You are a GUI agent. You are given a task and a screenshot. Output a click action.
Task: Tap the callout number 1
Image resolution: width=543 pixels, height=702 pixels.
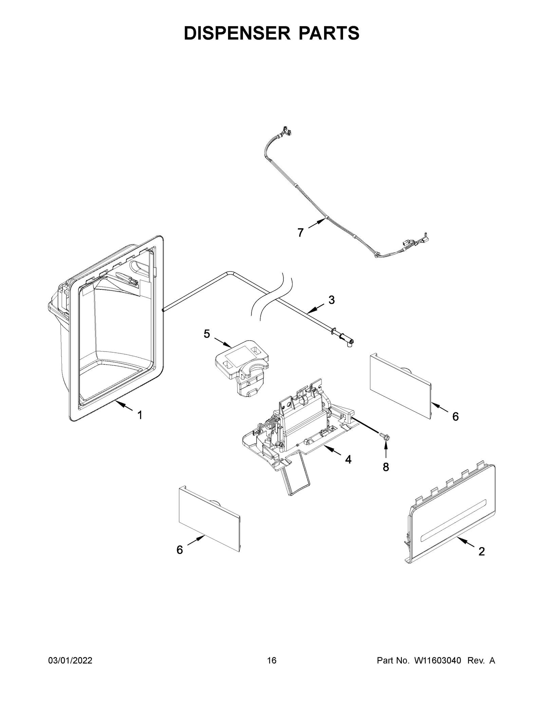click(139, 415)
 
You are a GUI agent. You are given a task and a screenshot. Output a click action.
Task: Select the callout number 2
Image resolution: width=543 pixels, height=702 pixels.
click(481, 551)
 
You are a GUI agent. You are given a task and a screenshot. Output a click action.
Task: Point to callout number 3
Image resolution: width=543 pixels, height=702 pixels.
click(332, 300)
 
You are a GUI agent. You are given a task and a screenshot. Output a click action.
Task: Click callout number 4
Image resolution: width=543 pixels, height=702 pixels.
click(348, 460)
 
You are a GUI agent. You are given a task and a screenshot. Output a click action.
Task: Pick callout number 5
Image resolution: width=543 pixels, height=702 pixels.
click(207, 334)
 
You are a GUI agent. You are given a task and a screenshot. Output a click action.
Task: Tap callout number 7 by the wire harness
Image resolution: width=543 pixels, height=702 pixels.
click(300, 233)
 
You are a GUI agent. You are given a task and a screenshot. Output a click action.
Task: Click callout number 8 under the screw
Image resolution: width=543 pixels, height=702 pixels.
click(386, 467)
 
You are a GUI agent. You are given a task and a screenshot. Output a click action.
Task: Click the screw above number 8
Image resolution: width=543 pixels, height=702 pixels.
click(385, 437)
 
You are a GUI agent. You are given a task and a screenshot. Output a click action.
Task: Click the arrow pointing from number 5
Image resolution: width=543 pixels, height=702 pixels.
click(222, 342)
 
